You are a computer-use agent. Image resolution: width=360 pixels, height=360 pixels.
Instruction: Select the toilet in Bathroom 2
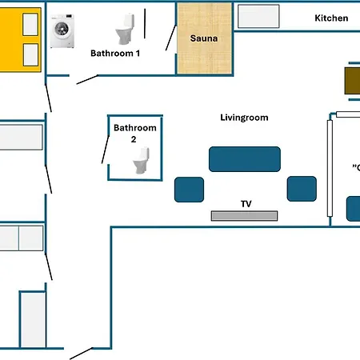click(141, 162)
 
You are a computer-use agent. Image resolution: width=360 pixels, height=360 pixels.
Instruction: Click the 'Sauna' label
click(205, 38)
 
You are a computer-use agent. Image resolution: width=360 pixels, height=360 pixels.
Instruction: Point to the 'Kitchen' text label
click(330, 18)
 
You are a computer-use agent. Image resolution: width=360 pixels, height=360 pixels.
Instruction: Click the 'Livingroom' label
click(244, 118)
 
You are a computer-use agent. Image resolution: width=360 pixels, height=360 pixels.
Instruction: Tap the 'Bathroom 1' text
click(115, 54)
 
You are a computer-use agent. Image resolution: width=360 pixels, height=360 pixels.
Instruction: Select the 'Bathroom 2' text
click(135, 133)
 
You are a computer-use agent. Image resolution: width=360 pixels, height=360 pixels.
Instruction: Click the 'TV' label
click(246, 204)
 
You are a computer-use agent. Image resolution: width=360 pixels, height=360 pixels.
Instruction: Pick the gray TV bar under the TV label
click(244, 215)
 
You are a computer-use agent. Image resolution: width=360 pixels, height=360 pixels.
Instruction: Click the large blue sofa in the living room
click(245, 158)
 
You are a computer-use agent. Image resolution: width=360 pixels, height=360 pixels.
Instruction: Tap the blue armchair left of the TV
click(190, 189)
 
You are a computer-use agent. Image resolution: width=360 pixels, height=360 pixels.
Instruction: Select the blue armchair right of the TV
click(302, 189)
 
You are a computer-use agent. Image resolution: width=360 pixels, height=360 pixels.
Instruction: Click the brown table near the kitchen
click(351, 81)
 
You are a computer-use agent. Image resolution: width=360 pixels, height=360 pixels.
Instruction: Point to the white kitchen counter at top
click(256, 15)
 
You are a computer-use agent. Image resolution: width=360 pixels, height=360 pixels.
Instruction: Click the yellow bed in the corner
click(20, 41)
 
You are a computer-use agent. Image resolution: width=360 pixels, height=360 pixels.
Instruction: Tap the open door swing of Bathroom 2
click(106, 150)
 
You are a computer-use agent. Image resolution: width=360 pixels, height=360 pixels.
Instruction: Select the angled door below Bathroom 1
click(86, 79)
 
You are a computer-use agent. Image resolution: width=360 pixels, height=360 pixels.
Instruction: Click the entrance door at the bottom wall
click(81, 354)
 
